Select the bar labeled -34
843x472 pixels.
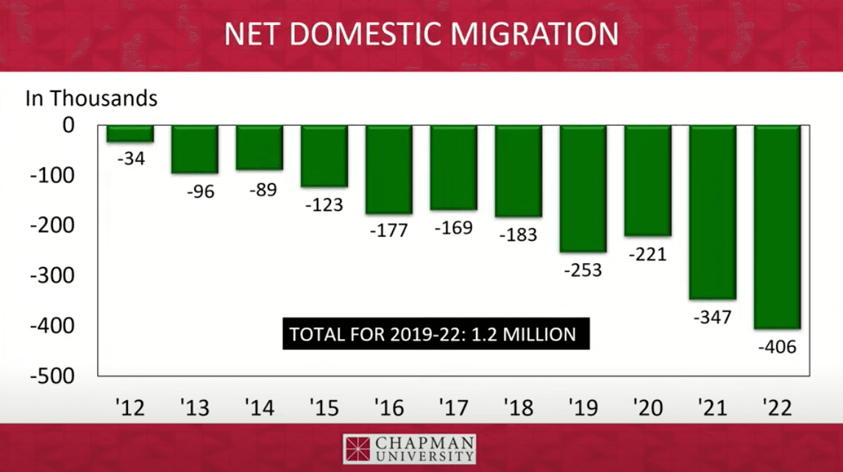click(x=130, y=134)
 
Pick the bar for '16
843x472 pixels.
click(x=389, y=169)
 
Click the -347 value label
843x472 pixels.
click(x=713, y=317)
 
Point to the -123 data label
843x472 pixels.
click(x=324, y=204)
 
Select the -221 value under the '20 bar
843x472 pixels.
click(x=648, y=254)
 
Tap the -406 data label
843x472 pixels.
click(x=777, y=346)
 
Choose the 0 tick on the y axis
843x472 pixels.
click(x=68, y=125)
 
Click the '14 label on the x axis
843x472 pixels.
click(x=259, y=406)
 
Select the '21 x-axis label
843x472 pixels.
click(x=712, y=406)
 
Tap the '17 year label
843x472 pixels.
click(x=453, y=406)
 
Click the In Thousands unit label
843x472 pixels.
click(x=92, y=99)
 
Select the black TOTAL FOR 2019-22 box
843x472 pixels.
click(x=433, y=335)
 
